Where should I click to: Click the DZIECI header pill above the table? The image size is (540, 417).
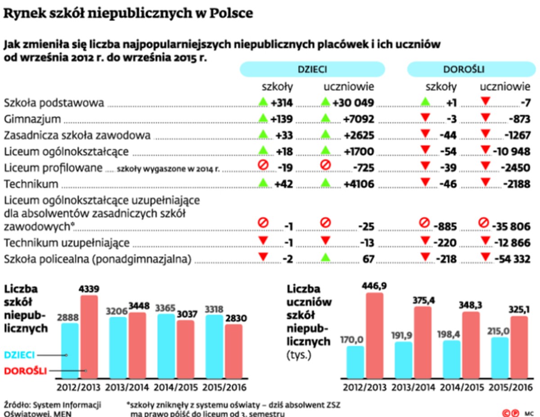[312, 69]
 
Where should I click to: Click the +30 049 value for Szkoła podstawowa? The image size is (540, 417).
[354, 103]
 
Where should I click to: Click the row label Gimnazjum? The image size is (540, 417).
[32, 119]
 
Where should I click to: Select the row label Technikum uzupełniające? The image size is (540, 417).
[67, 243]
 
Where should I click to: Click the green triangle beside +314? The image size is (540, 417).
[263, 102]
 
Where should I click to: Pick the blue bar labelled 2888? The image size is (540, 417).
[70, 351]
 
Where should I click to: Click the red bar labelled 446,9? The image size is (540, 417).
[374, 335]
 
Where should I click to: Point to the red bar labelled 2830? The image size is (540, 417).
[233, 351]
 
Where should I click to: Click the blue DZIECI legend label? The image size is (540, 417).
[20, 355]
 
